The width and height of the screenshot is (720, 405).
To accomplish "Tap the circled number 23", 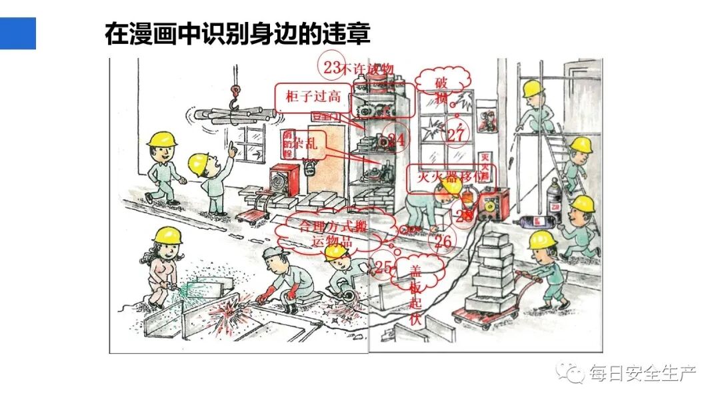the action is click(331, 66).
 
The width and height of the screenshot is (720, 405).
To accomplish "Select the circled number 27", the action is click(456, 135).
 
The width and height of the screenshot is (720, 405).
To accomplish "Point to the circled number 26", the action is click(443, 241).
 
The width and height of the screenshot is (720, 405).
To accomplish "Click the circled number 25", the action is click(383, 267).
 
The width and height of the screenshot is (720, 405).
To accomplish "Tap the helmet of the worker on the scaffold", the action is click(532, 88).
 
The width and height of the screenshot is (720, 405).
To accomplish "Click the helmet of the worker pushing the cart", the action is click(542, 240).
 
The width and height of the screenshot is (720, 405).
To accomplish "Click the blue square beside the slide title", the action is click(17, 33).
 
